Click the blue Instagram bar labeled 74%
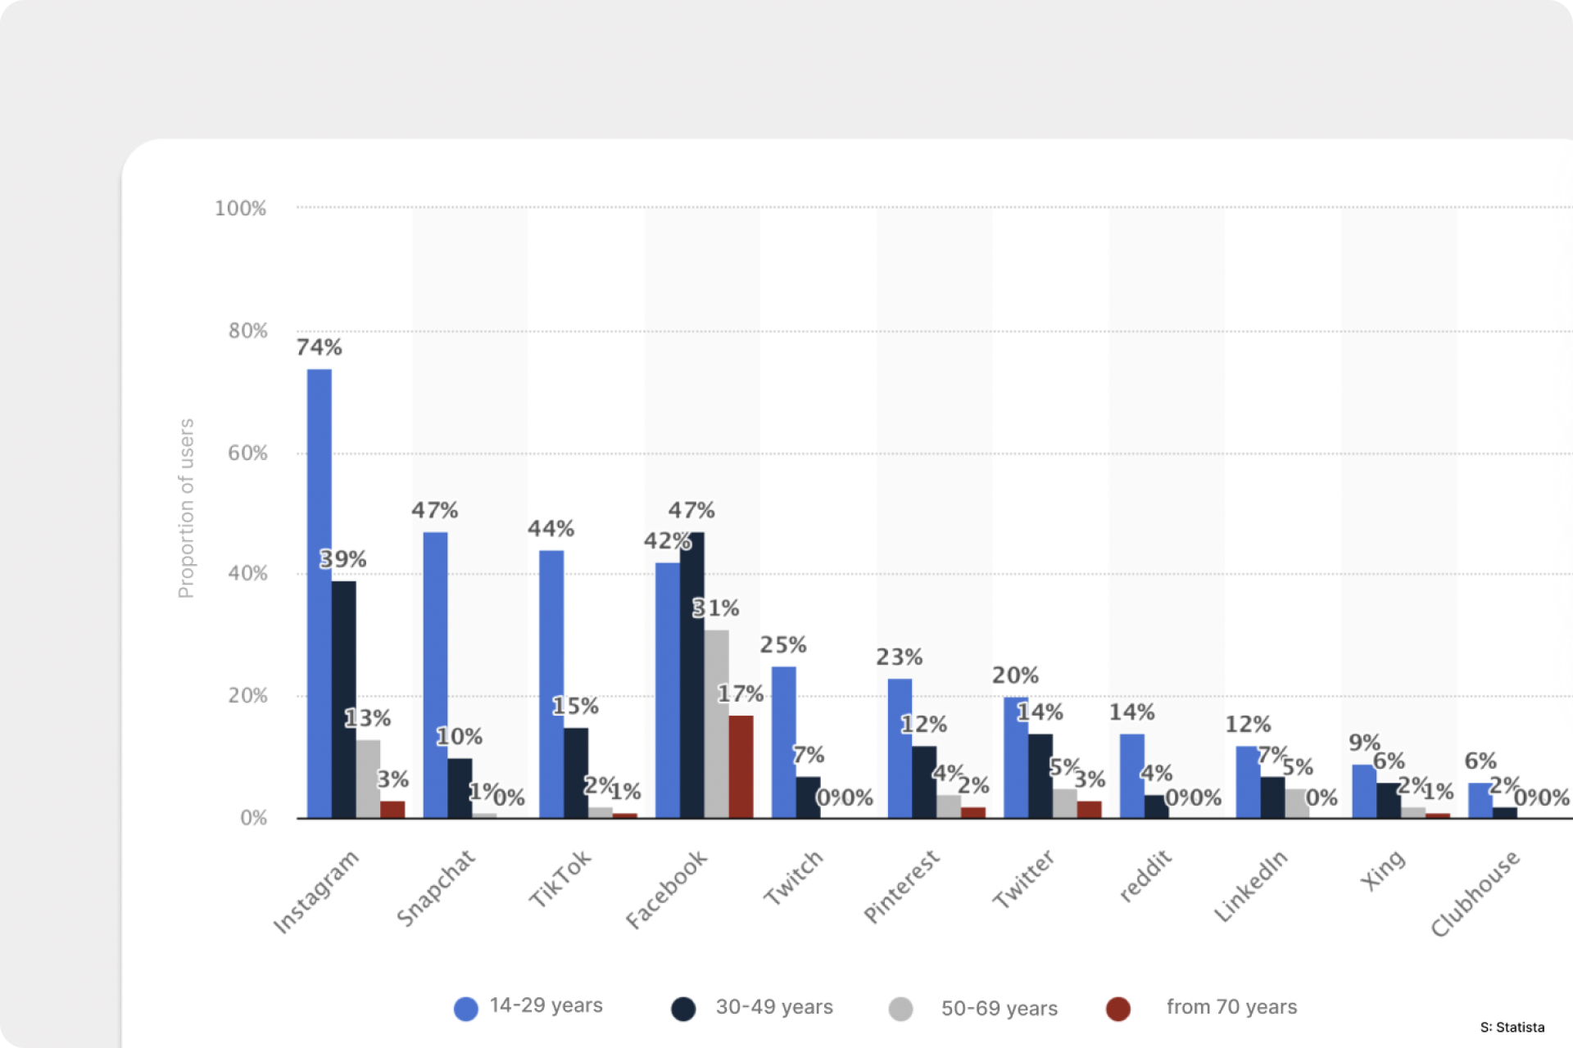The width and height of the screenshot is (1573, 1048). tap(319, 594)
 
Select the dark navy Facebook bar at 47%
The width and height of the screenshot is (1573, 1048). tap(691, 675)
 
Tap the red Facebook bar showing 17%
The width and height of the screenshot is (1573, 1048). tap(741, 766)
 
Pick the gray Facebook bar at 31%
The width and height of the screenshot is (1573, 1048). tap(716, 724)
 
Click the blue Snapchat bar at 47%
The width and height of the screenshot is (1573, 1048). tap(435, 675)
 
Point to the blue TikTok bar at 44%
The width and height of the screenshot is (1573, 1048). tap(551, 684)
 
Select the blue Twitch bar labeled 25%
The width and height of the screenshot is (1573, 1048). tap(783, 742)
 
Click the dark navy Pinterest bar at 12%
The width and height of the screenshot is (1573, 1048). tap(924, 782)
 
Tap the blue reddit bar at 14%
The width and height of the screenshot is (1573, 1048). tap(1131, 775)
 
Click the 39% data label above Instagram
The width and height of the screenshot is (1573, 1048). tap(342, 560)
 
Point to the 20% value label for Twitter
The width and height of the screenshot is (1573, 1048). tap(1015, 676)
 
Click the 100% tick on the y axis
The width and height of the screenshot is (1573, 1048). tap(240, 209)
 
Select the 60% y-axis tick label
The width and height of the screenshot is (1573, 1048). tap(247, 454)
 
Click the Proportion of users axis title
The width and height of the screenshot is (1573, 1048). tap(187, 508)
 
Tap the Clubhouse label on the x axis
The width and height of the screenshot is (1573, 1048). tap(1475, 894)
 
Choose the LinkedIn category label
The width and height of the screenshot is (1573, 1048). tap(1250, 887)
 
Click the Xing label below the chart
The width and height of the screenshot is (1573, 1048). tap(1383, 870)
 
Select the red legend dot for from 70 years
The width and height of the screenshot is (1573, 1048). tap(1117, 1009)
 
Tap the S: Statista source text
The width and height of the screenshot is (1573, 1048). tap(1512, 1028)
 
